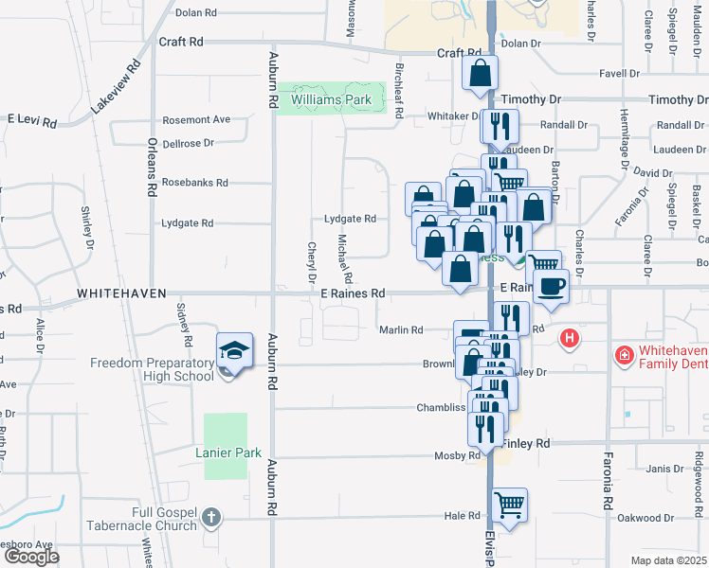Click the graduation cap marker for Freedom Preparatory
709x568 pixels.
[x=234, y=350]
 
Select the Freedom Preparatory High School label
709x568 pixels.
[x=153, y=369]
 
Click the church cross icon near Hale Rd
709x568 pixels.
[x=211, y=518]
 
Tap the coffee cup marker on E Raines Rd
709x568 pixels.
[x=551, y=285]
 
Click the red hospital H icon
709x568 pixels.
[x=570, y=337]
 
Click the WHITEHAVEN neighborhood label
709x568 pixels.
[x=122, y=294]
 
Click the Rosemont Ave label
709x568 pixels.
[x=196, y=119]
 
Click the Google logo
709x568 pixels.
[x=31, y=557]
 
